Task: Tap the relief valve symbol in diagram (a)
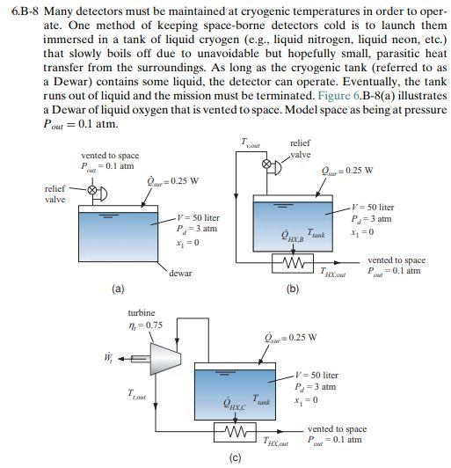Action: pos(80,190)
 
